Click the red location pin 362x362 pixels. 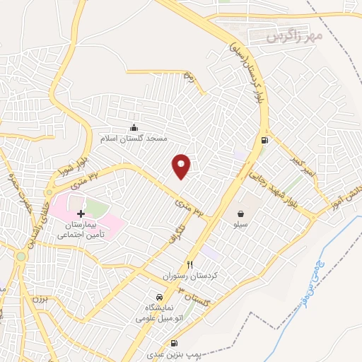[182, 165]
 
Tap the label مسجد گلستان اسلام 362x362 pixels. [134, 138]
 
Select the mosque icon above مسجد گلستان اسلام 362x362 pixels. [134, 127]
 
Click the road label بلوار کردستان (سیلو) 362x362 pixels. [249, 71]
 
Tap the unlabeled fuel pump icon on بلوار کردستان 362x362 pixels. [264, 139]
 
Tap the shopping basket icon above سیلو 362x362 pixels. [241, 212]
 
